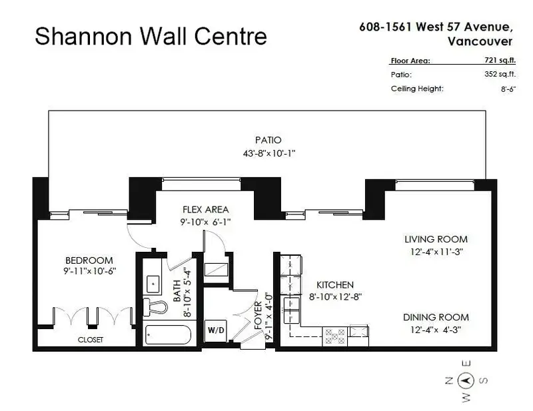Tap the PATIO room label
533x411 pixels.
point(268,141)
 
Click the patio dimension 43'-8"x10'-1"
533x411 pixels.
point(267,153)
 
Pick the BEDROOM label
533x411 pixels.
point(89,260)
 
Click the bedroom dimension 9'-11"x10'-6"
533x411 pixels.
point(89,271)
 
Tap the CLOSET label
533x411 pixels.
point(90,340)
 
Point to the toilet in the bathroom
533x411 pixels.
point(157,307)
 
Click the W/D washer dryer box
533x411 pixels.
point(215,330)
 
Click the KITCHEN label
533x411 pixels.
point(330,284)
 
